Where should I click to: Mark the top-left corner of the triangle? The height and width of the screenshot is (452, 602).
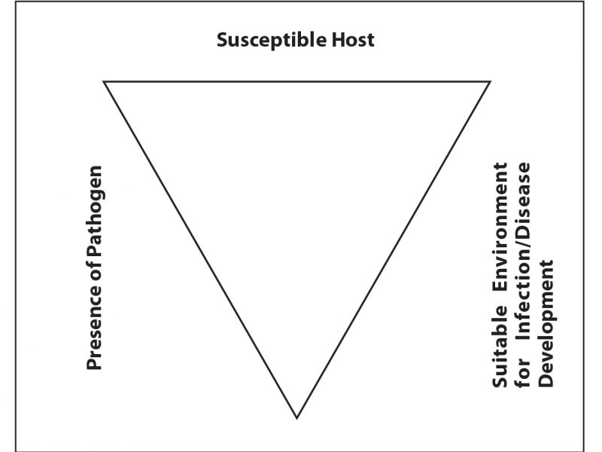click(105, 81)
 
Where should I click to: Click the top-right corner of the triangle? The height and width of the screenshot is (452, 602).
click(491, 81)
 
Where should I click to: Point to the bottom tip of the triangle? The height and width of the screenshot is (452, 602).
click(297, 417)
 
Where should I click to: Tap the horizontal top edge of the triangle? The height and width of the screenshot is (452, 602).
click(297, 81)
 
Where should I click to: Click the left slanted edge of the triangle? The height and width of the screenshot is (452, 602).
click(201, 249)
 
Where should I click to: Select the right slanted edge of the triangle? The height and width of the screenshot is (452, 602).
click(394, 249)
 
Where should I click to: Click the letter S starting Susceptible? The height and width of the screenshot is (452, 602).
click(222, 40)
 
